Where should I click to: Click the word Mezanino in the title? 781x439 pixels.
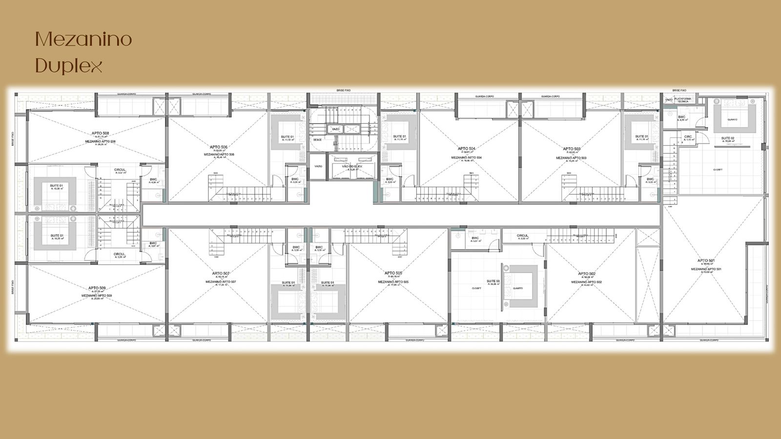pyautogui.click(x=83, y=40)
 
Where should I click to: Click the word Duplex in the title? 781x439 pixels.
pyautogui.click(x=69, y=65)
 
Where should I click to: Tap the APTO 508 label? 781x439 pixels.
pyautogui.click(x=100, y=133)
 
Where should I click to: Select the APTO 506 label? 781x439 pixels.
pyautogui.click(x=219, y=147)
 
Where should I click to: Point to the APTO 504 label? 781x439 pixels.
pyautogui.click(x=466, y=148)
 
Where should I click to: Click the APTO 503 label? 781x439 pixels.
pyautogui.click(x=571, y=149)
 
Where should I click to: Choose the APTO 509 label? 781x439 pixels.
pyautogui.click(x=97, y=288)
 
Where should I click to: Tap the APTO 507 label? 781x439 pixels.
pyautogui.click(x=221, y=274)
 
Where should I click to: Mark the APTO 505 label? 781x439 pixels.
pyautogui.click(x=393, y=273)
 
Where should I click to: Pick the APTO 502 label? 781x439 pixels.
pyautogui.click(x=586, y=274)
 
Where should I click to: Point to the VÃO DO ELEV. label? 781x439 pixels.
pyautogui.click(x=352, y=166)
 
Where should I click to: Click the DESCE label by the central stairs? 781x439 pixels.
pyautogui.click(x=317, y=140)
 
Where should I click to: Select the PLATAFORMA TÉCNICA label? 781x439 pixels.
pyautogui.click(x=683, y=100)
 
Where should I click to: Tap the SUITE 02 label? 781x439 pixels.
pyautogui.click(x=728, y=138)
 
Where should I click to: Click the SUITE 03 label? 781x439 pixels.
pyautogui.click(x=493, y=281)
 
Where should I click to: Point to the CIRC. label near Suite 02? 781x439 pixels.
pyautogui.click(x=688, y=137)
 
